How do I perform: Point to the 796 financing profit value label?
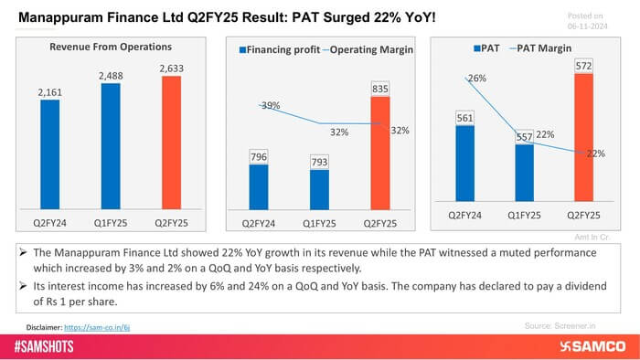click(x=259, y=157)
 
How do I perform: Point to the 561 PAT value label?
click(x=464, y=117)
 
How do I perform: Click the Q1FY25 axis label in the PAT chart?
click(x=525, y=214)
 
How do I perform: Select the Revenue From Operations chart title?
click(x=111, y=47)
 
